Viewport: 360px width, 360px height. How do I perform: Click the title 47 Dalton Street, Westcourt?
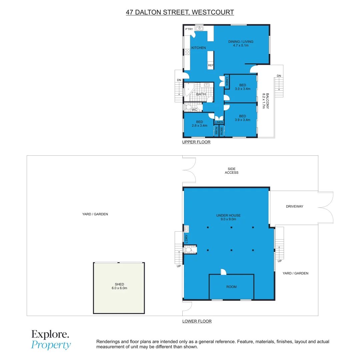coord(180,12)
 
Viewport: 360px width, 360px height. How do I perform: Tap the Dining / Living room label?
coord(241,43)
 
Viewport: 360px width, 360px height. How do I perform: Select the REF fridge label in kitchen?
coord(210,66)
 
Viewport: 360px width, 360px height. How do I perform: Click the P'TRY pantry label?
coord(189,29)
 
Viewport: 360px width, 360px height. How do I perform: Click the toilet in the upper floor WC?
coord(188,107)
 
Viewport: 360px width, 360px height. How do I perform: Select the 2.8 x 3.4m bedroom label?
coord(199,124)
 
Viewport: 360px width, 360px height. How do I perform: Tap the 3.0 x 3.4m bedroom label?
coord(242,87)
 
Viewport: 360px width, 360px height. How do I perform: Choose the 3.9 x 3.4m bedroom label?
coord(242,118)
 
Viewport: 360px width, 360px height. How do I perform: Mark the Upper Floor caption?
coord(196,142)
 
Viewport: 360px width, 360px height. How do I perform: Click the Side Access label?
coord(231,171)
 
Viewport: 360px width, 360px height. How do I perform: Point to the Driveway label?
coord(294,207)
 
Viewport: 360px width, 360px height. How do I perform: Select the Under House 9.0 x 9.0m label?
coord(228,217)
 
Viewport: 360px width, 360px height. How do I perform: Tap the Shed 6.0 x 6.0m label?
coord(119,286)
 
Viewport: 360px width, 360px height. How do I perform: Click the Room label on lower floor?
coord(231,287)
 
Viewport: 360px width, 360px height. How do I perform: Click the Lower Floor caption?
coord(197,321)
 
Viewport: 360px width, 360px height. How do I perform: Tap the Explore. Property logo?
coord(51,339)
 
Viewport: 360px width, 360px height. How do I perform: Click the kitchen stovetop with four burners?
coord(187,52)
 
